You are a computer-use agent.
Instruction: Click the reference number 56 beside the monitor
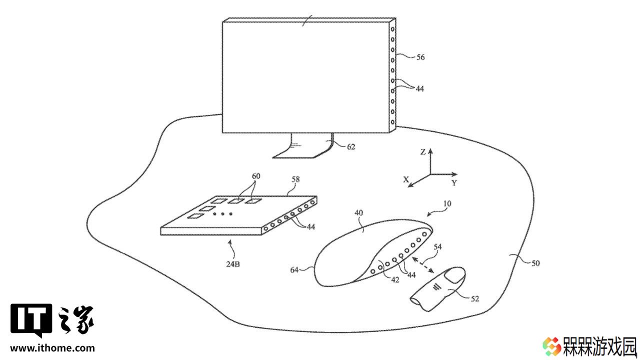[420, 57]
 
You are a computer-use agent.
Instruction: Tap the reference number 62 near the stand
[351, 147]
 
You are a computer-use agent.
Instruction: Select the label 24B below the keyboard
[233, 264]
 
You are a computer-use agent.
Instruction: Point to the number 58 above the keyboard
[295, 179]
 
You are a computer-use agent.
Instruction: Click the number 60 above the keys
[256, 176]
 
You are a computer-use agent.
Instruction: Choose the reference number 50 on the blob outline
[535, 263]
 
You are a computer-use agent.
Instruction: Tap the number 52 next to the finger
[474, 299]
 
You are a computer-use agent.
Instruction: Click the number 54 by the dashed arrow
[437, 246]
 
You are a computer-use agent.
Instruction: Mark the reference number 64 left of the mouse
[294, 269]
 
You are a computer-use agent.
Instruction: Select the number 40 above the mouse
[358, 213]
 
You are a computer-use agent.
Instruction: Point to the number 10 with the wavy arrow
[447, 203]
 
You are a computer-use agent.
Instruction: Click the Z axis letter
[423, 152]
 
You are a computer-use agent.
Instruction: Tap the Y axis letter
[454, 183]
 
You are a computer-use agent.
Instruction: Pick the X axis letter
[405, 179]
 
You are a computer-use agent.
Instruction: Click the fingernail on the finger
[454, 275]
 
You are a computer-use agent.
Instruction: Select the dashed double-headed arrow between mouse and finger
[423, 265]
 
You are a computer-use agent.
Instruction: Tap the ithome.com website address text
[52, 348]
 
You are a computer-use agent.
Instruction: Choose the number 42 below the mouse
[395, 280]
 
